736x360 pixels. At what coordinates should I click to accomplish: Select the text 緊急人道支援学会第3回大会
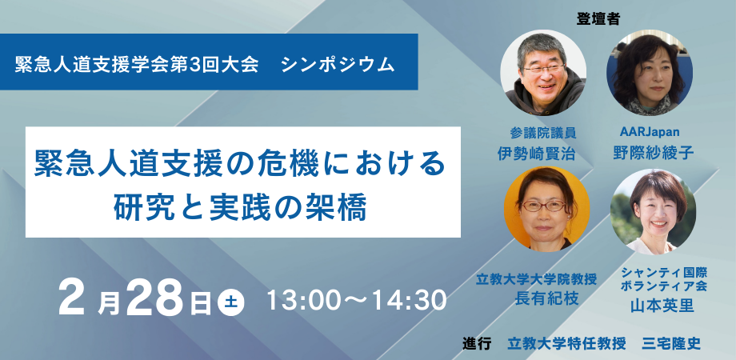pos(137,64)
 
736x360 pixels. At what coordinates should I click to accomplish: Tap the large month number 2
pos(74,300)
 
